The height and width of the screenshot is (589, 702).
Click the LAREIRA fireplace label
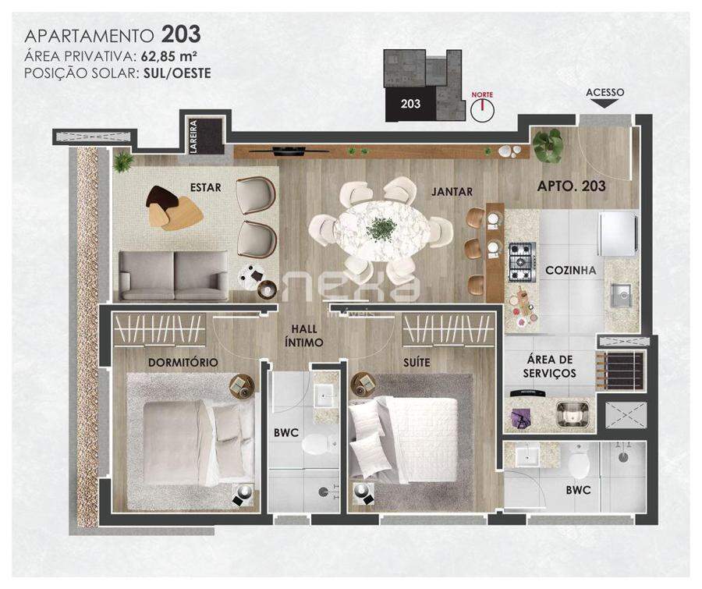(193, 137)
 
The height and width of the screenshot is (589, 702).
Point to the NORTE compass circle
(482, 109)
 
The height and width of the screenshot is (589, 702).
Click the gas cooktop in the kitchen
(523, 262)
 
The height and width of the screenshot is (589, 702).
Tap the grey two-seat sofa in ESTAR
(174, 275)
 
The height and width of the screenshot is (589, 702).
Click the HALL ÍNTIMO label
(304, 335)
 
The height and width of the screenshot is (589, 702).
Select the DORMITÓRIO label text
(183, 362)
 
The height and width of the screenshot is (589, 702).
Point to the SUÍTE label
(417, 362)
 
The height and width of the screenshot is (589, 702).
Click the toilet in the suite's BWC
(579, 464)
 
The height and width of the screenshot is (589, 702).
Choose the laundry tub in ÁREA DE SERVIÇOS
(572, 414)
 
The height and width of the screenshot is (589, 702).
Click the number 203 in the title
(181, 34)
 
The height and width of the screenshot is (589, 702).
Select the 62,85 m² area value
(169, 56)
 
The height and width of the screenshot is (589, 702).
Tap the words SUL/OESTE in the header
(177, 73)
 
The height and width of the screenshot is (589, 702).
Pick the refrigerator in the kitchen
(619, 234)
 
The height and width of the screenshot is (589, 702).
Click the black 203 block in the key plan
(410, 104)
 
